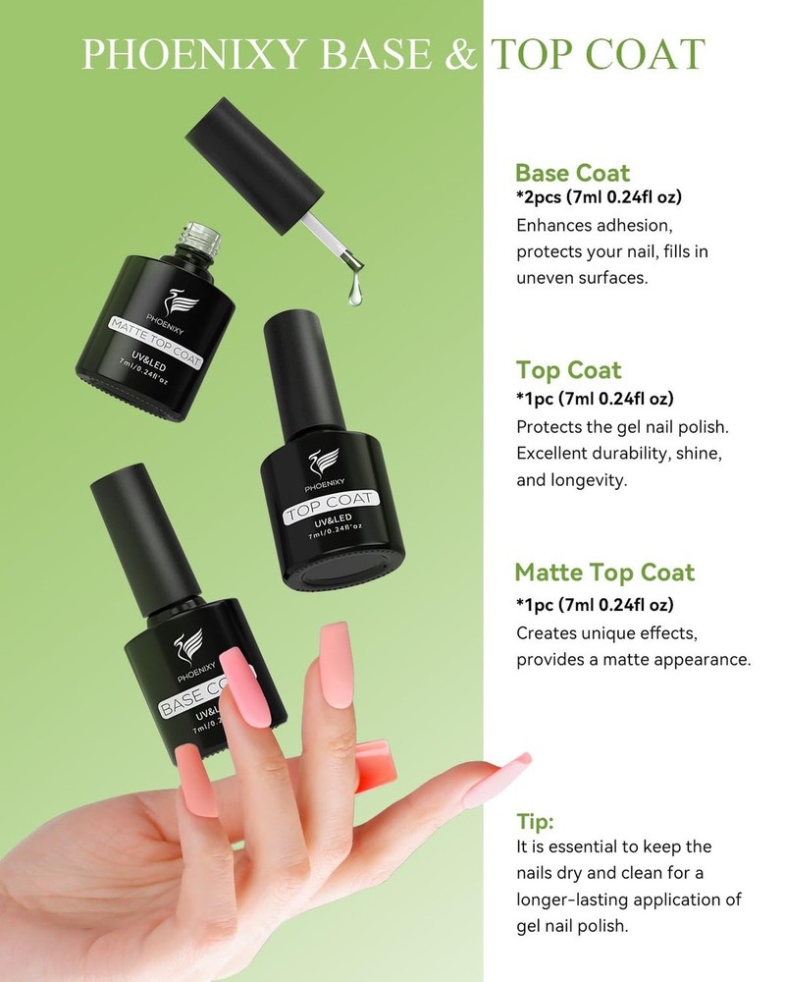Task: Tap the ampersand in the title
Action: (461, 54)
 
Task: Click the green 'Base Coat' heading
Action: (572, 173)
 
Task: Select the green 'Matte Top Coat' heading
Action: (604, 573)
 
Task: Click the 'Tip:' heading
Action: (535, 821)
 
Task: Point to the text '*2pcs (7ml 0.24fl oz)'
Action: (600, 197)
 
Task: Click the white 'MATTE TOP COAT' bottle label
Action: (156, 342)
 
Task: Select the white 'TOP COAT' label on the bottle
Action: (331, 506)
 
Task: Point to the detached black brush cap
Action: (255, 165)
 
